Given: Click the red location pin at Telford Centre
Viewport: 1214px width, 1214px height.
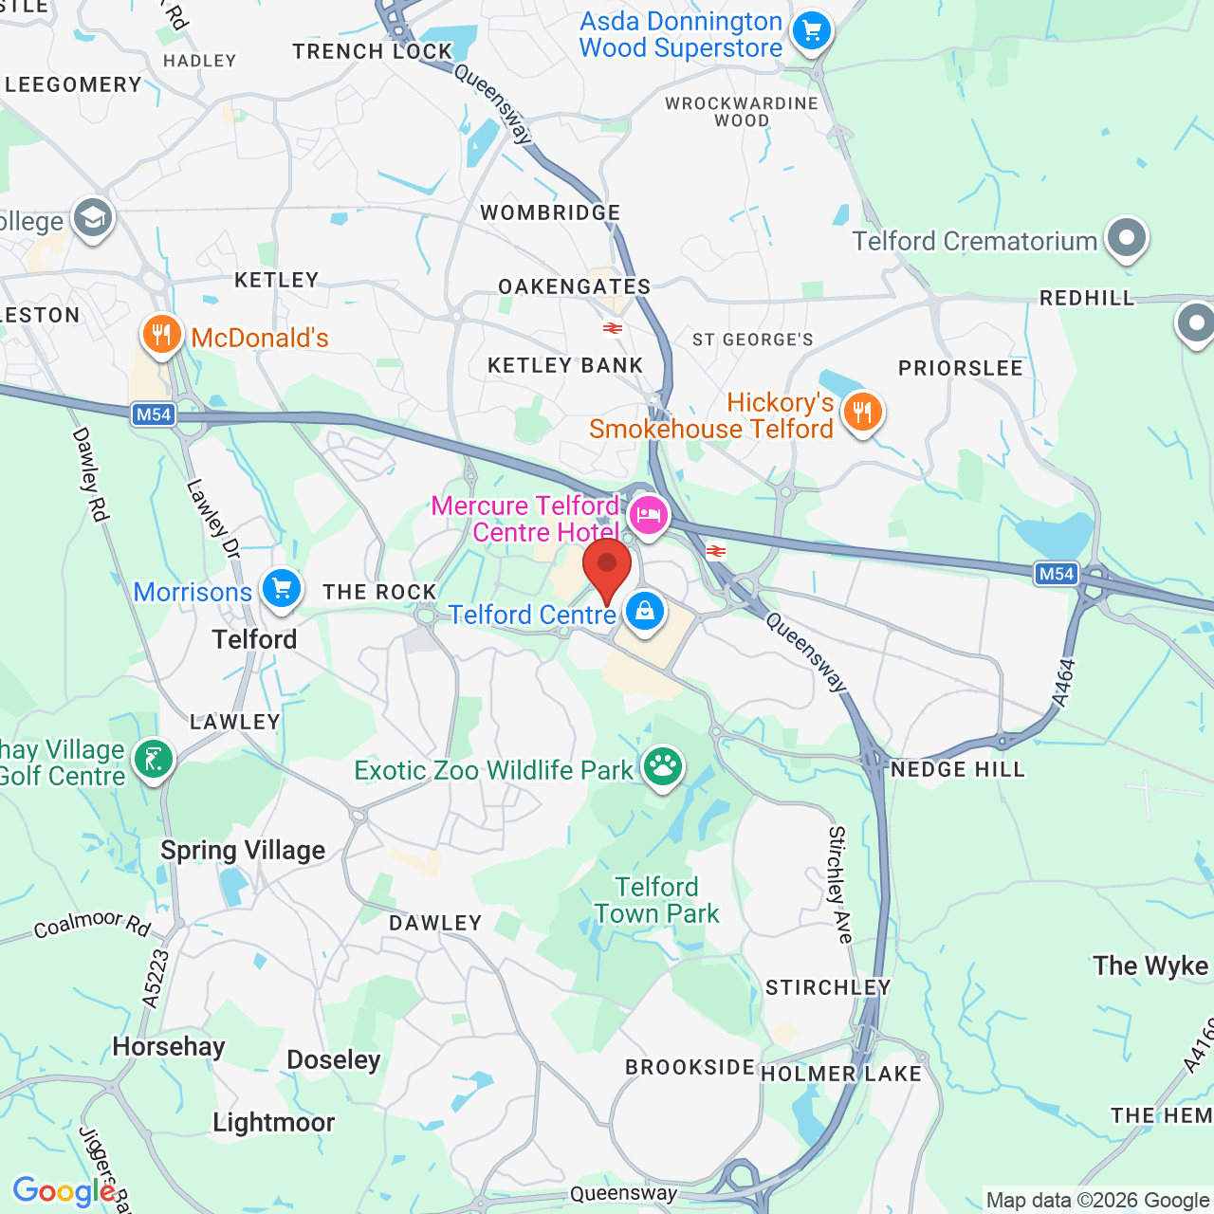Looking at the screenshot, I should [x=607, y=566].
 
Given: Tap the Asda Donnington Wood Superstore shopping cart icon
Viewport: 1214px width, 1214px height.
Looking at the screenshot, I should [x=811, y=32].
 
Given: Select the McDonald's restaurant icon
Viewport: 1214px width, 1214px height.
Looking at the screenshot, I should [x=162, y=335].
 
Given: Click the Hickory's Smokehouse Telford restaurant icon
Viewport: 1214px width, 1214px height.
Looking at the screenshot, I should [x=862, y=413].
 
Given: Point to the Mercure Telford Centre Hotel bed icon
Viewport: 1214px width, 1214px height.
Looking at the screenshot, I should [x=649, y=516].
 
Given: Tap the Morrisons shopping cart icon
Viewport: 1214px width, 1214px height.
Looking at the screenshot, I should [x=282, y=589].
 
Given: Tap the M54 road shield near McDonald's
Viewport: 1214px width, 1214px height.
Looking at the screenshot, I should [x=154, y=414].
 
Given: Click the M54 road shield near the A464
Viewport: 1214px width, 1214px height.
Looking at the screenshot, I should [x=1057, y=573].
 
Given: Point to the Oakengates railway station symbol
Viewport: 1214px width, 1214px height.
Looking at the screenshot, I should [x=613, y=328].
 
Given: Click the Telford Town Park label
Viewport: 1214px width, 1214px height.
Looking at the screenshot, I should [x=657, y=900].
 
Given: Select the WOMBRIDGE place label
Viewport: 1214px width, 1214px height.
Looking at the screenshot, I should [x=550, y=212].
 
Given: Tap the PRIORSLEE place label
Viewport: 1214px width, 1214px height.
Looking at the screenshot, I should [x=961, y=368].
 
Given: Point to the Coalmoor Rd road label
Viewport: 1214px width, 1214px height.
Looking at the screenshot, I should [x=92, y=924].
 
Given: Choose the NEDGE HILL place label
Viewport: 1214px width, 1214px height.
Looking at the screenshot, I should [x=958, y=769].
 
